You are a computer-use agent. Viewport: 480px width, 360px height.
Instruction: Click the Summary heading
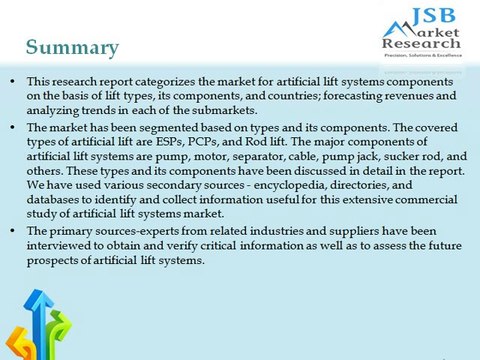click(72, 47)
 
